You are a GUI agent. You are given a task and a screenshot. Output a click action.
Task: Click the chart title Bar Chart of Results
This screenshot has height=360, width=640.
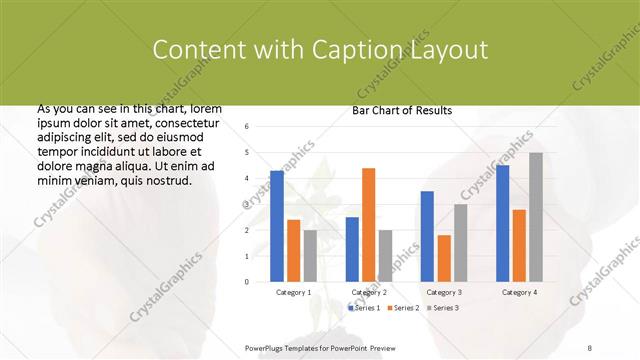point(402,110)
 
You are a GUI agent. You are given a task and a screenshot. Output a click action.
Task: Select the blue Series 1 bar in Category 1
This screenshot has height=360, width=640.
point(277,226)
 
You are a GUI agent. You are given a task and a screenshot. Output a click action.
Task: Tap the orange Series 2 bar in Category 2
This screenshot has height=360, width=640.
point(368,224)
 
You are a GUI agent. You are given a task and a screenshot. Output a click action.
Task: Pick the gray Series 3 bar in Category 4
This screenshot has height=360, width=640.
point(536,217)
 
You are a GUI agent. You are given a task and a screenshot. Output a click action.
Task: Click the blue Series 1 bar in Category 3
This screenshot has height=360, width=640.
point(427,236)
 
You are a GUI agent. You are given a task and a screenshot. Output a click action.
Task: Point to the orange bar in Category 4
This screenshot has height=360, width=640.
point(519,245)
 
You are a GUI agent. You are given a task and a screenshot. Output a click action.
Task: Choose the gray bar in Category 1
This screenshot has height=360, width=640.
point(310,256)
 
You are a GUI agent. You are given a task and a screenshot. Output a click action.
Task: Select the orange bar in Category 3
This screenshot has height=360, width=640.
point(444,258)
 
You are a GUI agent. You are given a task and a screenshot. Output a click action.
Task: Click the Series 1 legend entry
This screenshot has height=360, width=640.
point(364,307)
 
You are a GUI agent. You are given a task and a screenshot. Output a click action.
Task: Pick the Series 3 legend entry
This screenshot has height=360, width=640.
point(444,307)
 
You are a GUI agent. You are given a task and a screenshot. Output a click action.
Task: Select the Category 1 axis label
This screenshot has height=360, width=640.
point(293,292)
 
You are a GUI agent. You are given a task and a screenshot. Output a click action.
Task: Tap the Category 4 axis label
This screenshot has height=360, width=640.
point(519,292)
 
